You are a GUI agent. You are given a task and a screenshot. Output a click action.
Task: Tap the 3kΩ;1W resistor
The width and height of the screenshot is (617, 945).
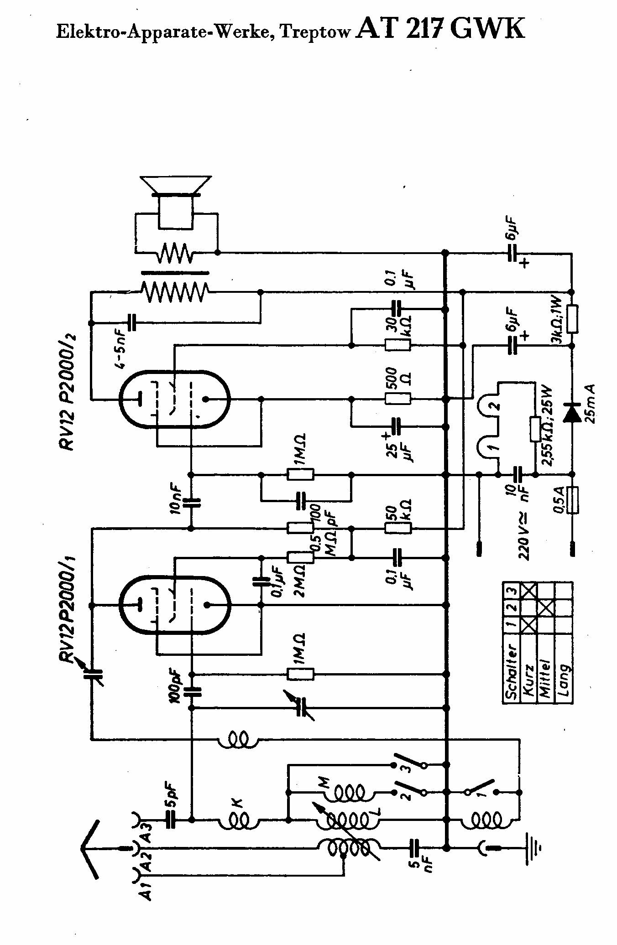tap(572, 318)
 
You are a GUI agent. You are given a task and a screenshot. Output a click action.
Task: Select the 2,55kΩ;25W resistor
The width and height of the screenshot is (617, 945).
tap(535, 429)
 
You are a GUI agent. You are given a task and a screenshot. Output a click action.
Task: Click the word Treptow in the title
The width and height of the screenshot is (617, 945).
tap(316, 32)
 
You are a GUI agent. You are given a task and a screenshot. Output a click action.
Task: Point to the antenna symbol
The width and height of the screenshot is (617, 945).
tap(94, 847)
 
